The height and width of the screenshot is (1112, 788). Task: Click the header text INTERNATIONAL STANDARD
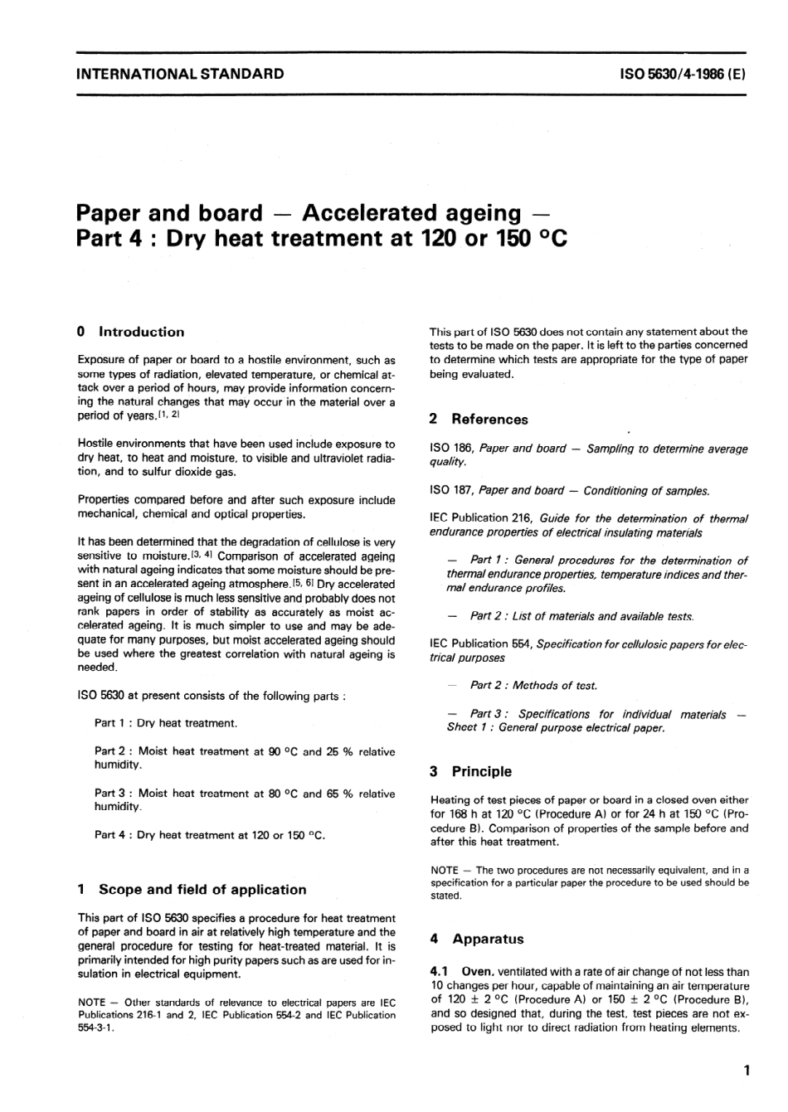[179, 73]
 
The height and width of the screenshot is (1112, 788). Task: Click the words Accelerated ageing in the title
[411, 213]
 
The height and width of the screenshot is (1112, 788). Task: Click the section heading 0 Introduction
[130, 332]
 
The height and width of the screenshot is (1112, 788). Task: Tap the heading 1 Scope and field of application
[192, 889]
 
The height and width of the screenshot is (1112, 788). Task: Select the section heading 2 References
[479, 420]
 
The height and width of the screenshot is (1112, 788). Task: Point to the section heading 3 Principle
[470, 771]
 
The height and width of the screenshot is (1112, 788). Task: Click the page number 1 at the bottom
[747, 1071]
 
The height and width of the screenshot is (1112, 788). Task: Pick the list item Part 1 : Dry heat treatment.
[166, 723]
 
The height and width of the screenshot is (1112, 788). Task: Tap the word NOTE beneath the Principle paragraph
[445, 870]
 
